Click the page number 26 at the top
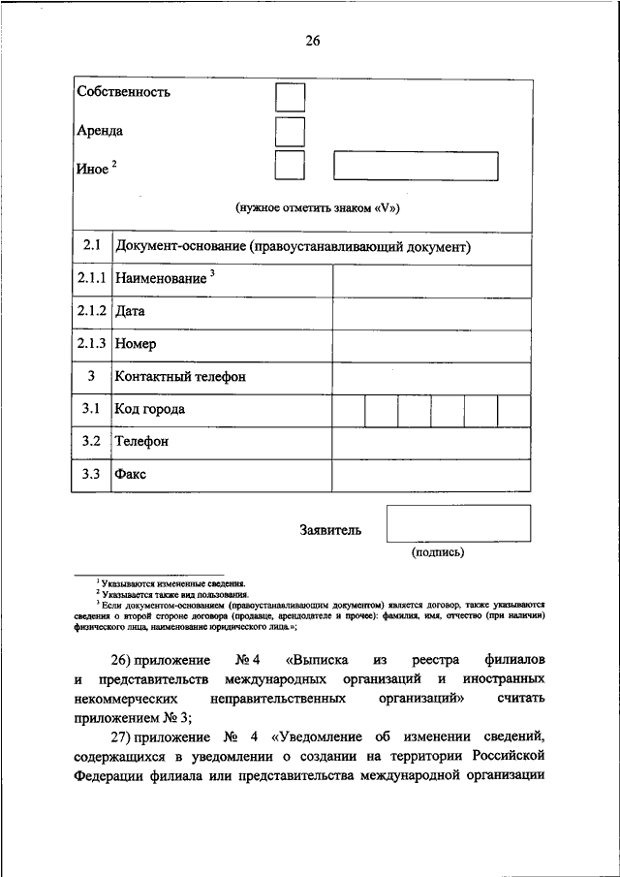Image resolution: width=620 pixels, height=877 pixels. click(310, 41)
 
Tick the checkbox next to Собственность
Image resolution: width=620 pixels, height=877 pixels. click(290, 98)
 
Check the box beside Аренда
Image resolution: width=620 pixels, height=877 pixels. click(290, 132)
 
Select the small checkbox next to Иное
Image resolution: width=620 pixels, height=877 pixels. click(290, 165)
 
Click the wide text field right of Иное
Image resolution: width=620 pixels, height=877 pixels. click(416, 166)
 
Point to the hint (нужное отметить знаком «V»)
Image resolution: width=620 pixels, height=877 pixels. click(319, 208)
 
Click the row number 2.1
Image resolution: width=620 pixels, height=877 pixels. click(91, 247)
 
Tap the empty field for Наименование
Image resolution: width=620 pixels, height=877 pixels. click(431, 280)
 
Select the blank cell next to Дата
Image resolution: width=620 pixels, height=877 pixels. click(431, 313)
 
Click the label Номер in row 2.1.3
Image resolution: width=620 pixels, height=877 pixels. click(135, 344)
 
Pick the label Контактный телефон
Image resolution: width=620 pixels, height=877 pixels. click(180, 377)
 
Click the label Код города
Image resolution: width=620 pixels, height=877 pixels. click(149, 410)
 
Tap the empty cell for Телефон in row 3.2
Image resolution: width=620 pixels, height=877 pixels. click(431, 442)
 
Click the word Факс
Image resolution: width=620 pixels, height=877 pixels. click(131, 475)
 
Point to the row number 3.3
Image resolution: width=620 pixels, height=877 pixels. click(91, 475)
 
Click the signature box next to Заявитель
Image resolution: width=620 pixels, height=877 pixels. click(458, 523)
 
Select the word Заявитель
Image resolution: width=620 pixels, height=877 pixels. click(330, 530)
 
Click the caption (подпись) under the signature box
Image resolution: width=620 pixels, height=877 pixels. click(438, 553)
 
